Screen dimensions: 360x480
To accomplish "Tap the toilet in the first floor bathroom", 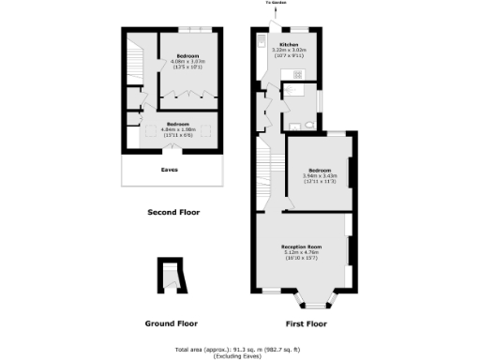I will pyautogui.click(x=294, y=125).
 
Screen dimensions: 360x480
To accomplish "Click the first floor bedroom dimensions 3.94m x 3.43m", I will pyautogui.click(x=318, y=176).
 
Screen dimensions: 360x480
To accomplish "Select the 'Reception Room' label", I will pyautogui.click(x=302, y=247).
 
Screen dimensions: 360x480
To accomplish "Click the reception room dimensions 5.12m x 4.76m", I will pyautogui.click(x=302, y=252).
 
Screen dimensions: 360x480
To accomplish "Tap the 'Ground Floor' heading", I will pyautogui.click(x=171, y=324).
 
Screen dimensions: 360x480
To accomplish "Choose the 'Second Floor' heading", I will pyautogui.click(x=173, y=212).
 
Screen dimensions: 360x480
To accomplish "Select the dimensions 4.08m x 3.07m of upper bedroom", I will pyautogui.click(x=190, y=63).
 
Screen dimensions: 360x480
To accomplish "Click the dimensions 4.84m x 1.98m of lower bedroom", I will pyautogui.click(x=178, y=129).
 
